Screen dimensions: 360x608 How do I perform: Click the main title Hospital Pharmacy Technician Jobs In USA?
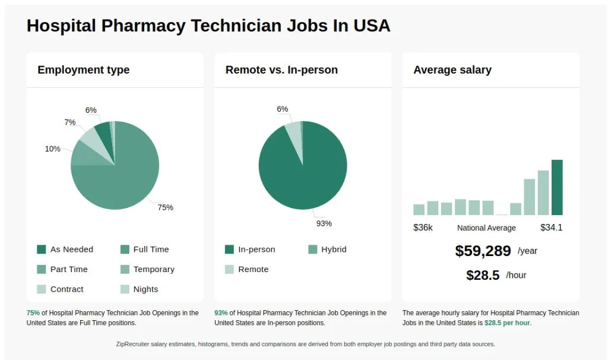tap(208, 26)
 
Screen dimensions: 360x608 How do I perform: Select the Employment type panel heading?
tap(83, 70)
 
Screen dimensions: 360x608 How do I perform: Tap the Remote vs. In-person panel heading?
tap(281, 70)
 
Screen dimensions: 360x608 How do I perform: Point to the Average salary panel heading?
tap(452, 70)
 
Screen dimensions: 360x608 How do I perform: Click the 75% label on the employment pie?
tap(165, 207)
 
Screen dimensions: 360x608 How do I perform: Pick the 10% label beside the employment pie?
tap(52, 149)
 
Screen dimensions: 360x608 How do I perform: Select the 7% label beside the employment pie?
tap(70, 122)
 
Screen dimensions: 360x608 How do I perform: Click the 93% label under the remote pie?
tap(324, 223)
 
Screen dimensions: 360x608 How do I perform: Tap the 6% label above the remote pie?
tap(282, 109)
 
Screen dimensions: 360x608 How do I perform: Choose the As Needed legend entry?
tap(71, 250)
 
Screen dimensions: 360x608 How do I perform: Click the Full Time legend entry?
tap(151, 250)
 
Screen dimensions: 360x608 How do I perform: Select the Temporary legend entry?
tap(154, 269)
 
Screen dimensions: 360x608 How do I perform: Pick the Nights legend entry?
tap(145, 289)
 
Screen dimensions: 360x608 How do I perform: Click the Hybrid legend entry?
tap(333, 250)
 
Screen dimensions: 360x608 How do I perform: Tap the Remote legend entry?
tap(253, 269)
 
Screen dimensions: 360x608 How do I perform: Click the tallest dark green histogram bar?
tap(557, 187)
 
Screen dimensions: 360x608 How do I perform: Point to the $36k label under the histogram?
tap(423, 228)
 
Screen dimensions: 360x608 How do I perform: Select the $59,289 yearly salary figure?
tap(483, 251)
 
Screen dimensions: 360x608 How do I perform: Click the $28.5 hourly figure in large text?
tap(483, 275)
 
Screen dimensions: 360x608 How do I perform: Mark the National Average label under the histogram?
tap(486, 228)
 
